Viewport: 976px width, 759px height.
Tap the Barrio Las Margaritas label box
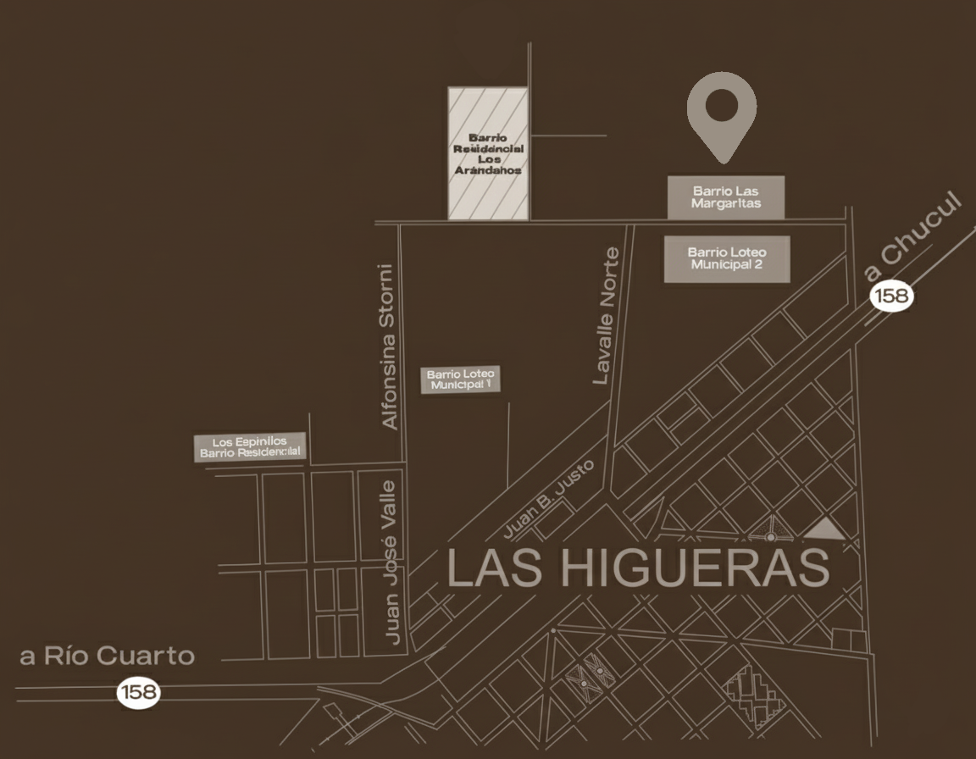click(726, 197)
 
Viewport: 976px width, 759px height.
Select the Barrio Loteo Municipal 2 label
click(727, 258)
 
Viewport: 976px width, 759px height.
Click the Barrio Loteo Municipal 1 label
click(461, 379)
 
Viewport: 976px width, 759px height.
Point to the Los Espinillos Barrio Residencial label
click(250, 447)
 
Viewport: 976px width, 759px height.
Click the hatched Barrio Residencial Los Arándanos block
click(488, 153)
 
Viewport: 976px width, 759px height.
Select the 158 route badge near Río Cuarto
click(138, 692)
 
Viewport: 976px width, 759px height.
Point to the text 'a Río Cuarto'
click(108, 656)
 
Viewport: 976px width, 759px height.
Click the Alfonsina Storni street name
click(389, 346)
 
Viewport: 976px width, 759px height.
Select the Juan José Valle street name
click(390, 562)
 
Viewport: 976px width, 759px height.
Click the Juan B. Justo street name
click(550, 500)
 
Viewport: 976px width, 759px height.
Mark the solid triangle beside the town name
click(823, 530)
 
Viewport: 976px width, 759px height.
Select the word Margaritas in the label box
click(726, 203)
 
